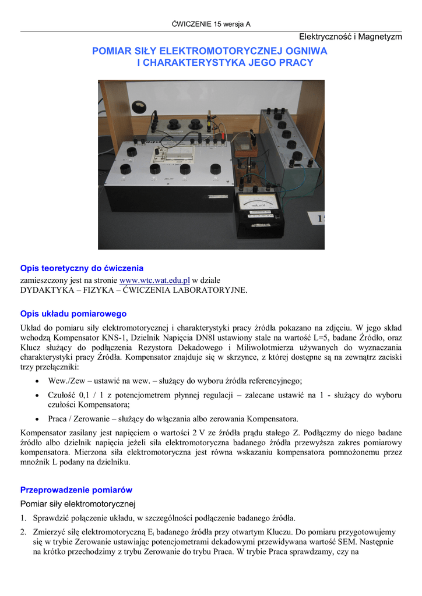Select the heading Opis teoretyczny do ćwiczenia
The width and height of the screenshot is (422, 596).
(82, 268)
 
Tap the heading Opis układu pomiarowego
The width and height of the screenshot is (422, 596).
(73, 314)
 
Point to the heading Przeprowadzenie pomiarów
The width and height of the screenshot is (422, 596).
(76, 489)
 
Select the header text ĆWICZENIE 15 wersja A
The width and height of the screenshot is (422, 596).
(211, 24)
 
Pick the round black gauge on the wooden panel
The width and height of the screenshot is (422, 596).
(139, 108)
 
